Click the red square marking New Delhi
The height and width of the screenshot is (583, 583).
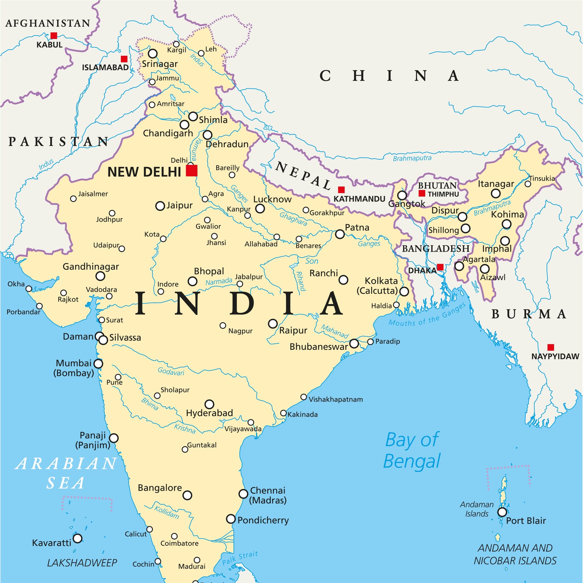pos(192,171)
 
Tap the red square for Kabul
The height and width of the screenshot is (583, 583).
pos(54,36)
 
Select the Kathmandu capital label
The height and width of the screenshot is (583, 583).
pos(359,199)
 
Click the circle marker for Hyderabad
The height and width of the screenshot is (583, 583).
pos(210,404)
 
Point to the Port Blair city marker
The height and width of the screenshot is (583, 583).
pos(502,512)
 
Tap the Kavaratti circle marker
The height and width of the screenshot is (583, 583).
pos(77,538)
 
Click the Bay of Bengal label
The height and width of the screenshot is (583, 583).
pos(412,450)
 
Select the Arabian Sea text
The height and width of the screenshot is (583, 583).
pos(66,473)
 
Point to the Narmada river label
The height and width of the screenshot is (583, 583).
pos(219,282)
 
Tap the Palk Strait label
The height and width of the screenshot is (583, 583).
pos(240,558)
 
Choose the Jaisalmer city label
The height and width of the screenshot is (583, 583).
pos(93,194)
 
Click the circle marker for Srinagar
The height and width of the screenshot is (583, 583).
pos(153,54)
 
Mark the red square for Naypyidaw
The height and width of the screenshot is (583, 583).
pos(551,347)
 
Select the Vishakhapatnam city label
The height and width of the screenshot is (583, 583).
pos(336,399)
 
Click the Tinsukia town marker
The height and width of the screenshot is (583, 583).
pos(528,184)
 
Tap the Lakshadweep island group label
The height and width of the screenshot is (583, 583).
pos(82,563)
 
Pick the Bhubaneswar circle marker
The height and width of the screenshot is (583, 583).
pos(354,343)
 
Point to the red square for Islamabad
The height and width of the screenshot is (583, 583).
pos(124,59)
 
